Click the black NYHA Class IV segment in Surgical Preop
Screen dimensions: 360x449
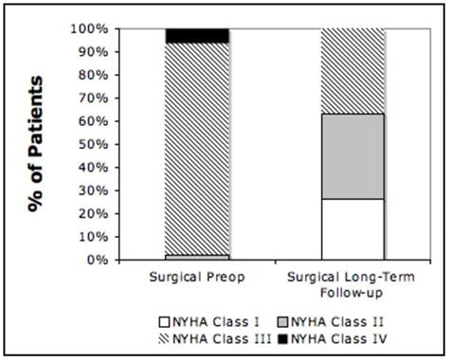coord(196,35)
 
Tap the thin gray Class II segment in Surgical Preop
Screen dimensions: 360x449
coord(196,256)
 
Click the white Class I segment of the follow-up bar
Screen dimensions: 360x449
coord(352,228)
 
